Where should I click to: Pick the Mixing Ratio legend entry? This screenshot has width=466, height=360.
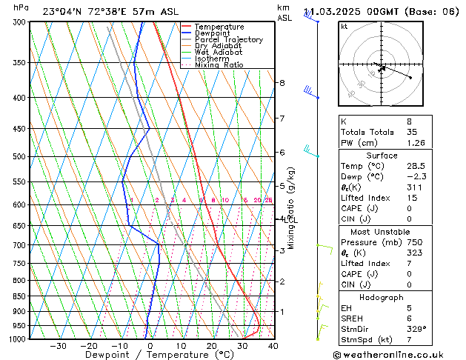219,65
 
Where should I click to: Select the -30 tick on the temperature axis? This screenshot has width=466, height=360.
58,346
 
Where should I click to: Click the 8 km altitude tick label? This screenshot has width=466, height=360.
282,83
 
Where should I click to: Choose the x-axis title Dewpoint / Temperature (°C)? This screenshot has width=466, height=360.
149,355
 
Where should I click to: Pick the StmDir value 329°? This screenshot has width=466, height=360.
417,328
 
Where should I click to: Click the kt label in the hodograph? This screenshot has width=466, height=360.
344,27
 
